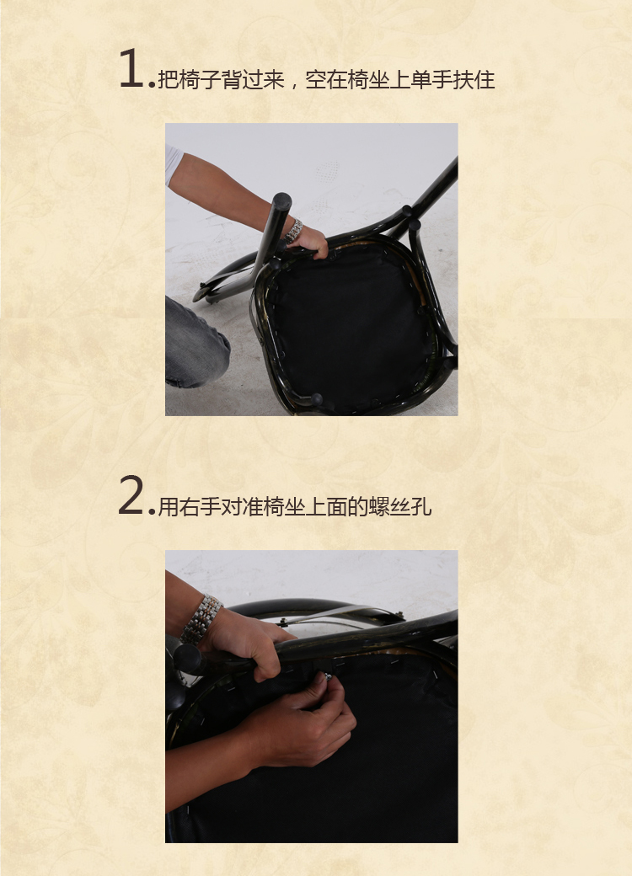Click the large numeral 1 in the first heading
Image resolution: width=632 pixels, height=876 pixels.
click(131, 68)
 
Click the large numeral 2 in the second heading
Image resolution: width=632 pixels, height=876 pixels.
click(131, 495)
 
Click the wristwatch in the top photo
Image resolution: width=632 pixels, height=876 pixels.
click(294, 230)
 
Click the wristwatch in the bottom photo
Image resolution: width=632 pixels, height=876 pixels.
click(201, 618)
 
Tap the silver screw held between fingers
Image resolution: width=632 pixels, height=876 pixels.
click(328, 676)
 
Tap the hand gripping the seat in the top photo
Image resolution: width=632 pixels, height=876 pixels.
click(310, 242)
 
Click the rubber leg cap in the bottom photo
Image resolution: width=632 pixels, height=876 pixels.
click(187, 659)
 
